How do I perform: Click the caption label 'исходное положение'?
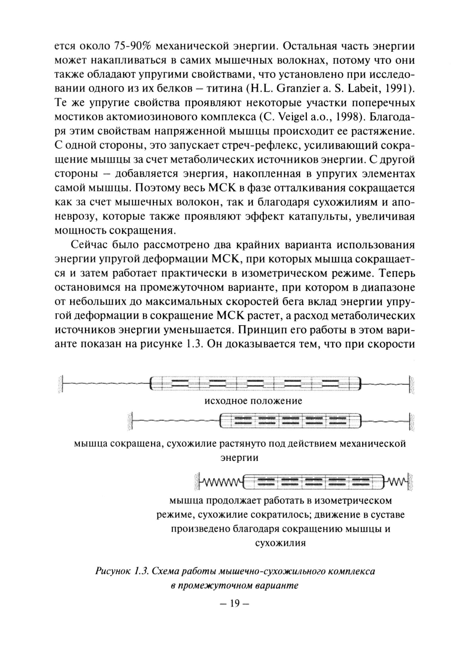click(253, 401)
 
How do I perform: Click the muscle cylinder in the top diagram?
click(255, 384)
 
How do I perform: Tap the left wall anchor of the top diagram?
click(61, 384)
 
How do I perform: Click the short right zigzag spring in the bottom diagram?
click(396, 483)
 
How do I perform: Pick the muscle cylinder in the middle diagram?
click(289, 421)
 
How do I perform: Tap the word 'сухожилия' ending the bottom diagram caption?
click(280, 543)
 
